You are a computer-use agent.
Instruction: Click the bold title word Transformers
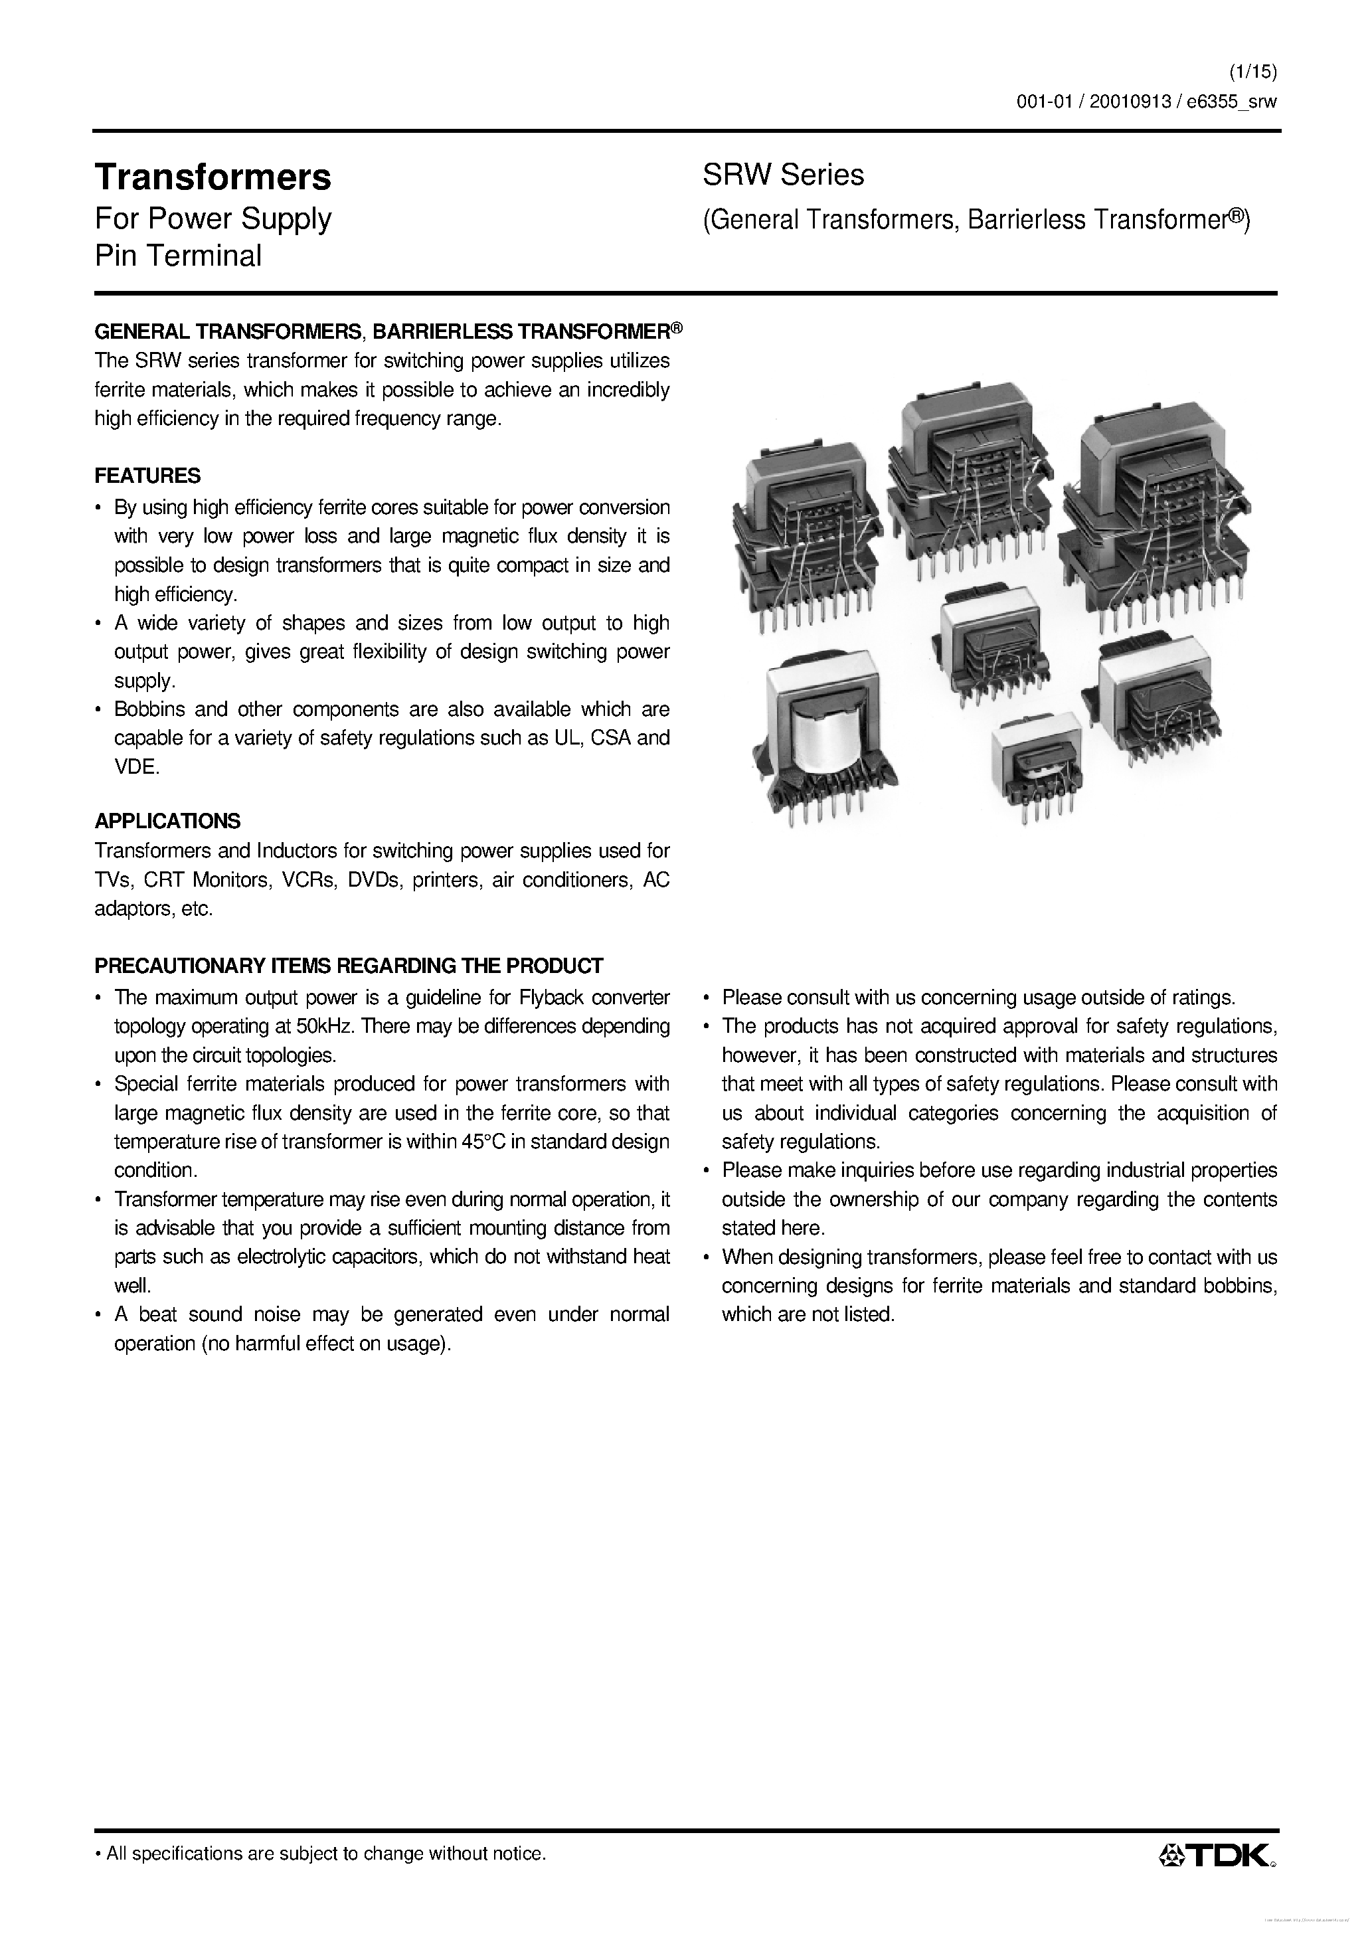click(x=213, y=177)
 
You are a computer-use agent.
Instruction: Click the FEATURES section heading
click(x=147, y=476)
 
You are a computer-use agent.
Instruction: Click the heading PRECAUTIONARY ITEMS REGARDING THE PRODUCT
click(x=349, y=966)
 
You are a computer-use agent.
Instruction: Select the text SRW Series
click(x=783, y=175)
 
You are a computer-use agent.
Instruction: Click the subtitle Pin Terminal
click(x=177, y=256)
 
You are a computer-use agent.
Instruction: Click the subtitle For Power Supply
click(x=213, y=219)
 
